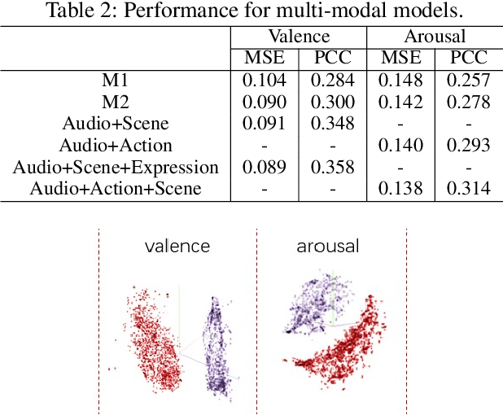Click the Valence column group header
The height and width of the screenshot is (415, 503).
click(x=299, y=37)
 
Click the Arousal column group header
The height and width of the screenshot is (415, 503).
click(x=435, y=37)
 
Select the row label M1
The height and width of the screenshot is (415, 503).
click(x=116, y=80)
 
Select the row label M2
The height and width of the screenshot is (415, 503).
click(x=116, y=102)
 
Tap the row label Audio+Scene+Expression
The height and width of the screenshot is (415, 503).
click(x=116, y=167)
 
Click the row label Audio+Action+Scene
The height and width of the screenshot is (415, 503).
click(x=116, y=189)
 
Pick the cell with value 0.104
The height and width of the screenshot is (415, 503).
click(x=265, y=80)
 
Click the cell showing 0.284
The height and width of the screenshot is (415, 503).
click(x=333, y=80)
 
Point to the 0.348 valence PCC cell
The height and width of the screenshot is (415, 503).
click(x=333, y=124)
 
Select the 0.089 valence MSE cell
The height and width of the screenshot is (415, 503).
click(x=265, y=167)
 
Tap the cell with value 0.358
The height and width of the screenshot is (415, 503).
click(x=333, y=167)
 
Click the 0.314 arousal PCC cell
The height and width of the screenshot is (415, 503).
click(x=469, y=189)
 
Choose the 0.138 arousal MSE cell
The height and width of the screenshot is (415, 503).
click(x=400, y=189)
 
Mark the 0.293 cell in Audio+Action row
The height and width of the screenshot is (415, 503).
click(x=469, y=146)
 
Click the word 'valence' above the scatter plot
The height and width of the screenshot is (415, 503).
click(x=177, y=246)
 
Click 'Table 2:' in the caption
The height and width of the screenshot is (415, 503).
click(x=74, y=11)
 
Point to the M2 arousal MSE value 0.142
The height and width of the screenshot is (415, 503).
click(x=400, y=102)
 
